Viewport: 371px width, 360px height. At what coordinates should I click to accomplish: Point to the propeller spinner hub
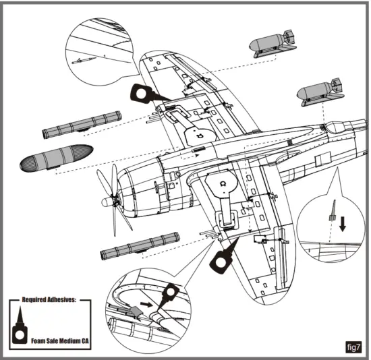[113, 200]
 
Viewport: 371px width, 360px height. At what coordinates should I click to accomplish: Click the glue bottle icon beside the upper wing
[144, 94]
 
